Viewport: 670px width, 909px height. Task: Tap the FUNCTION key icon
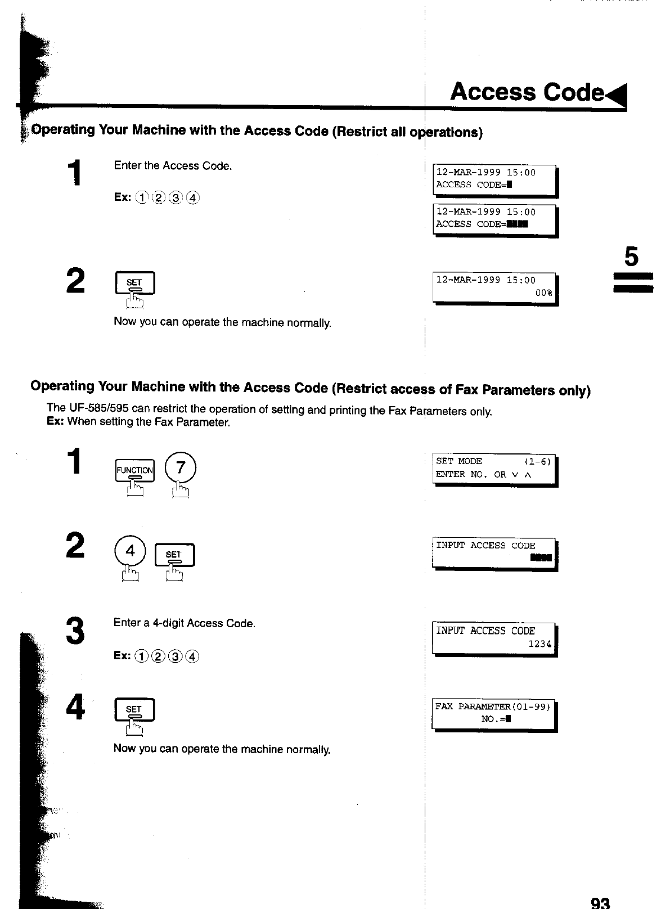pos(134,471)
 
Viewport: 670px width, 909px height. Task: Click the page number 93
pos(600,902)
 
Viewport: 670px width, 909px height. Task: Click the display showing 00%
pos(494,287)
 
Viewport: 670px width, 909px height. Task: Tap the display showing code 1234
pos(494,638)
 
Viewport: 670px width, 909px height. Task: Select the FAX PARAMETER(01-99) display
pos(494,713)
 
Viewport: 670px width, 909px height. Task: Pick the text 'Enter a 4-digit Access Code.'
pos(185,623)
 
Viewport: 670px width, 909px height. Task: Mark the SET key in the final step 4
pos(134,710)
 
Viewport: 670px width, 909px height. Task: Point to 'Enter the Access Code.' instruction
pos(173,166)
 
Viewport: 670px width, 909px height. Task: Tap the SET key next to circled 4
pos(174,556)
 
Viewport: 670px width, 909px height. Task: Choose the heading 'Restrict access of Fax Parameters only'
pos(311,388)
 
